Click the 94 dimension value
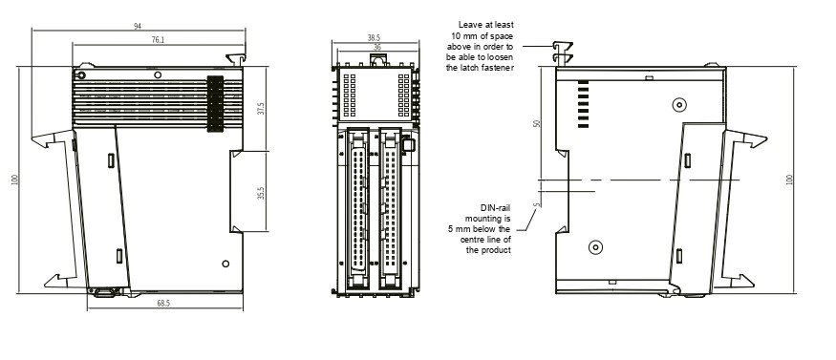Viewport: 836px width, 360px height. [138, 26]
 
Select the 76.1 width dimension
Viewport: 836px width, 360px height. [158, 39]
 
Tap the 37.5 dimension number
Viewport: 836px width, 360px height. [261, 109]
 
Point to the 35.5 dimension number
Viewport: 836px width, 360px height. [261, 193]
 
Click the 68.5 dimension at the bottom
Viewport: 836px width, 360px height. [163, 303]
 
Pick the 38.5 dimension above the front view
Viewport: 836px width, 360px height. [374, 38]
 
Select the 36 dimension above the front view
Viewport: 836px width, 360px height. [377, 48]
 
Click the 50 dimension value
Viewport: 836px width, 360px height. [537, 123]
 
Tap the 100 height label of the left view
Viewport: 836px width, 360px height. [14, 180]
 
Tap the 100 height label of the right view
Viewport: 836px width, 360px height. [789, 180]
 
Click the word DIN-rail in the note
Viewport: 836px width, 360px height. [495, 208]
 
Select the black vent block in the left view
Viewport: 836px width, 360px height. [215, 104]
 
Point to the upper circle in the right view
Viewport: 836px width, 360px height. [678, 105]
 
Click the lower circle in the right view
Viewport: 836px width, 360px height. [595, 247]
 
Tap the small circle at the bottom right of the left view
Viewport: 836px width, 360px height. [225, 264]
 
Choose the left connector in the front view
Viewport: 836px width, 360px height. [357, 208]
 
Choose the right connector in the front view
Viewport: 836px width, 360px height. [390, 208]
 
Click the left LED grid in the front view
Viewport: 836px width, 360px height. [350, 95]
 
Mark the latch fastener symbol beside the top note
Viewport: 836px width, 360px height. [563, 53]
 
